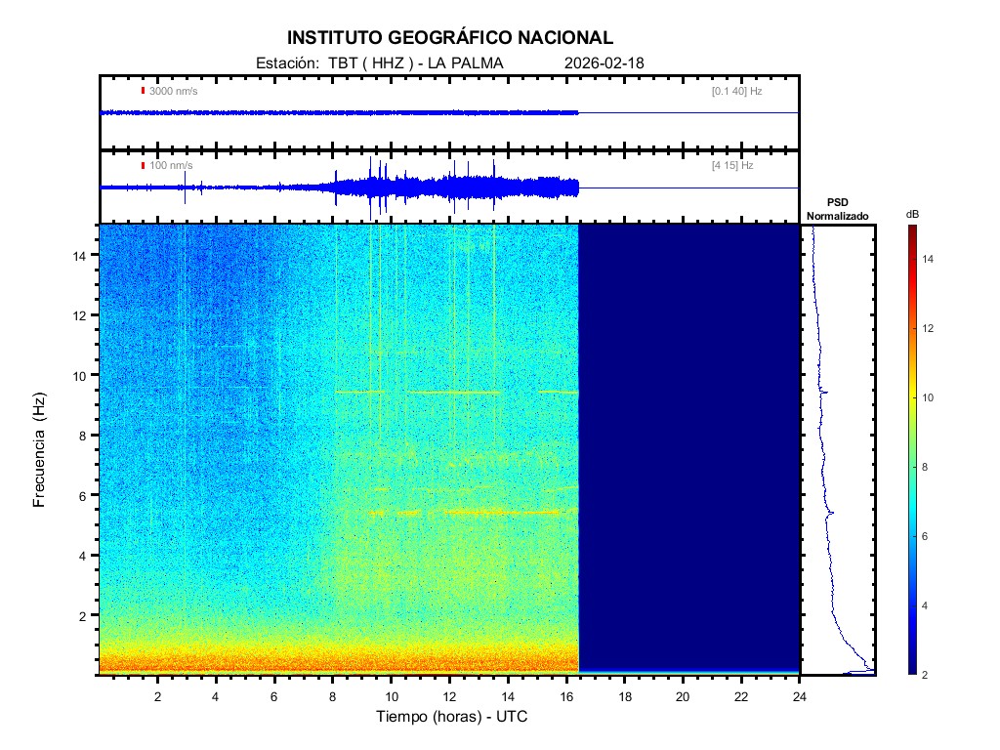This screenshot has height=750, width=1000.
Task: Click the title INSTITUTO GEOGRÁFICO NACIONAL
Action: click(450, 38)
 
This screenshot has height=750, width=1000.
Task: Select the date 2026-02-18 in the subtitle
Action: click(604, 63)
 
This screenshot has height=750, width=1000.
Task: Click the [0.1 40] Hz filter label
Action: click(737, 91)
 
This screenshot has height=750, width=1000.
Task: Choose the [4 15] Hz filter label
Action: click(732, 165)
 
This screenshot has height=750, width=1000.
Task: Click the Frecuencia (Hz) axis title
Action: click(40, 450)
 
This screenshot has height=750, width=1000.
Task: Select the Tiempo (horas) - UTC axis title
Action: click(452, 717)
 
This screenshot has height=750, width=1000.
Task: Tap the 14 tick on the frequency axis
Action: click(85, 255)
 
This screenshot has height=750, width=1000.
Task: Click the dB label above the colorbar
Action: click(911, 214)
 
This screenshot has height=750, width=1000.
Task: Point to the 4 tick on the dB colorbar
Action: click(928, 605)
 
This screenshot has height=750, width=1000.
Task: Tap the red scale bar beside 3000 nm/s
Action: click(143, 91)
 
